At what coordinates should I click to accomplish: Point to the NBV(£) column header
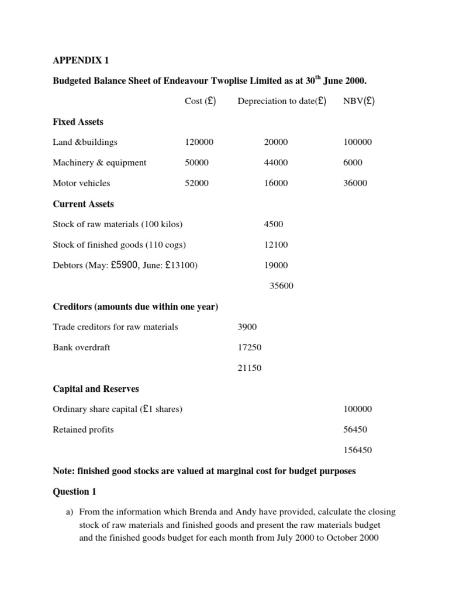pyautogui.click(x=359, y=101)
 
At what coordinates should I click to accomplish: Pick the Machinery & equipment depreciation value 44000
pyautogui.click(x=277, y=162)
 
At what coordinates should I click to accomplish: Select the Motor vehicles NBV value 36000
pyautogui.click(x=355, y=183)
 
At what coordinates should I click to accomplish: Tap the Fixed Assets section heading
pyautogui.click(x=77, y=121)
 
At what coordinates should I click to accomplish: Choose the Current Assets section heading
pyautogui.click(x=84, y=204)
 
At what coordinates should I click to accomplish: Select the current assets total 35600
pyautogui.click(x=281, y=286)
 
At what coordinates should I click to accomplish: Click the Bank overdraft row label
pyautogui.click(x=81, y=347)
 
